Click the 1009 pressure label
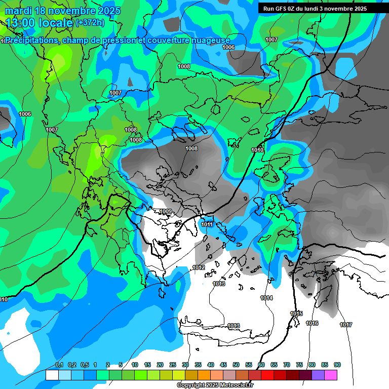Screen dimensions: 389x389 tap(165, 211)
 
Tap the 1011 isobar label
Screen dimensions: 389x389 tap(207, 224)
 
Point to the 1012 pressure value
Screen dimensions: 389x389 tap(199, 267)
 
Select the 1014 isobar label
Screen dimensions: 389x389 tap(266, 298)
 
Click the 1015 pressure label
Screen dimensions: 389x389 tap(296, 314)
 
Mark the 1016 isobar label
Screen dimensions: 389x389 tap(312, 323)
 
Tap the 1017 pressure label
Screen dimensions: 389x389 tap(346, 325)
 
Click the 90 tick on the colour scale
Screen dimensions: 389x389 tap(337, 365)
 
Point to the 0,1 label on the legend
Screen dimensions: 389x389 tap(59, 365)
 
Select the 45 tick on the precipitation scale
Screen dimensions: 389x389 tap(223, 365)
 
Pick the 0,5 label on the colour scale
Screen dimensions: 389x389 tap(84, 365)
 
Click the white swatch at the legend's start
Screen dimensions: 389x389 tap(52, 375)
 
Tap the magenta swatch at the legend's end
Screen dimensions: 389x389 tap(331, 375)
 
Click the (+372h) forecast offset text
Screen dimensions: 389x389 tap(90, 22)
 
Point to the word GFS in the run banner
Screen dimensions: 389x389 tap(280, 8)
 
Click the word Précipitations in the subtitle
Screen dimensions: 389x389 tap(32, 40)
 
